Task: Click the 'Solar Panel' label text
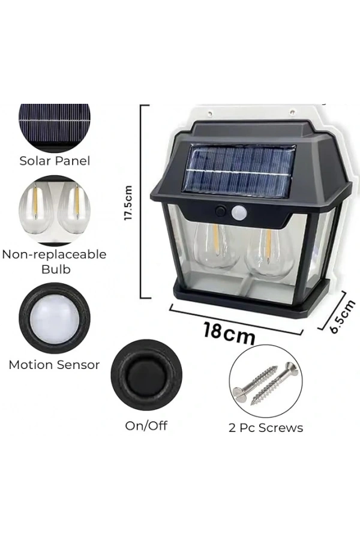(55, 161)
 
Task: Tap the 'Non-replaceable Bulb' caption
(55, 262)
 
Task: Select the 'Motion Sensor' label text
(55, 365)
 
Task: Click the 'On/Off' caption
(146, 426)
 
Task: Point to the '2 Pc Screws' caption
(266, 428)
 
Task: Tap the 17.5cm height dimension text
(129, 202)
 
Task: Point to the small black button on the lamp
(221, 211)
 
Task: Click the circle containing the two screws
(265, 382)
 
